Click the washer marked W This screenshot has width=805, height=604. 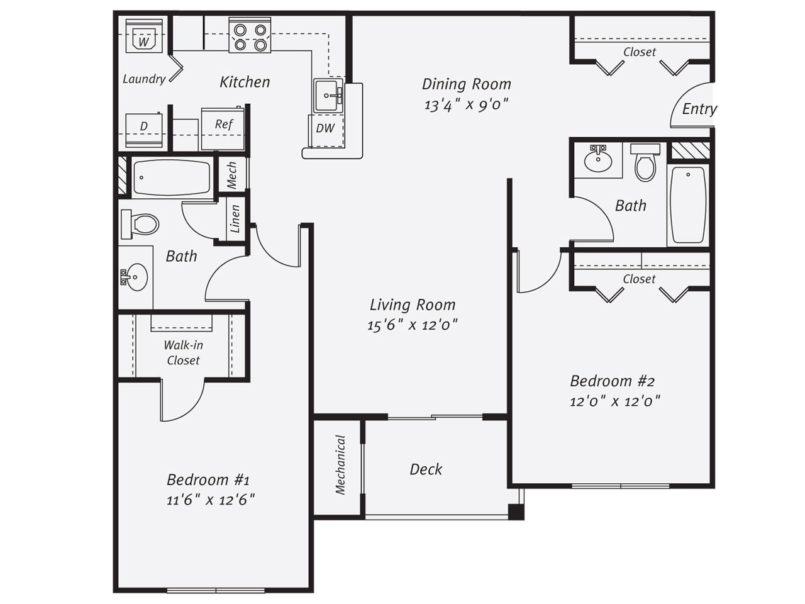click(x=144, y=36)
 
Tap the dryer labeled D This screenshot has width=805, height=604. click(x=144, y=130)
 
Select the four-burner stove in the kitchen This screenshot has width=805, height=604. click(x=250, y=35)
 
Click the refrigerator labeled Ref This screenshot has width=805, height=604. click(x=223, y=128)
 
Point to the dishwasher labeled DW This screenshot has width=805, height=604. click(x=326, y=131)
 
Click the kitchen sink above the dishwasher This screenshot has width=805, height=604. click(x=328, y=96)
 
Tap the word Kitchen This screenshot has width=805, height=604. click(x=245, y=82)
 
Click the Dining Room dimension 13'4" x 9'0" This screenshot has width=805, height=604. click(x=466, y=105)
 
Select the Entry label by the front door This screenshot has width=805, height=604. click(x=699, y=109)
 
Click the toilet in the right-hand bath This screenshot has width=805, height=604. click(x=645, y=162)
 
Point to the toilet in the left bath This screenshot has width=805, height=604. click(x=140, y=224)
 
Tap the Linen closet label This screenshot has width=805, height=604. click(x=235, y=219)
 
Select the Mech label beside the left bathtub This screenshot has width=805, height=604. click(x=232, y=176)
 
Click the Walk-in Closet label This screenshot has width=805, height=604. click(x=183, y=352)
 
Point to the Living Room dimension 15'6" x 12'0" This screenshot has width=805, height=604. click(x=413, y=325)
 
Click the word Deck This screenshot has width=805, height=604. click(x=426, y=469)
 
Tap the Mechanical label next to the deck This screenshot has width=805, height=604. click(x=340, y=465)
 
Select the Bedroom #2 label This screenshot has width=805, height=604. click(x=612, y=381)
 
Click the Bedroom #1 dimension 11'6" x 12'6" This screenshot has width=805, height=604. click(x=211, y=500)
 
